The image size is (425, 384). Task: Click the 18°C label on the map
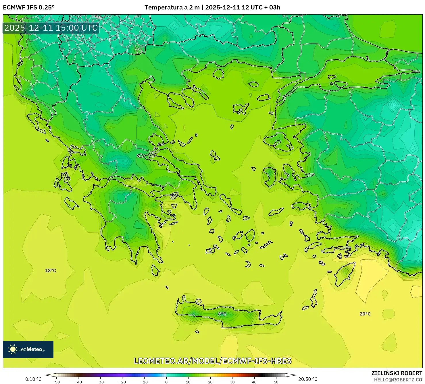(51, 271)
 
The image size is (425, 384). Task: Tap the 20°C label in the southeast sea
(365, 314)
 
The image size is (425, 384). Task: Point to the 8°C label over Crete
(222, 314)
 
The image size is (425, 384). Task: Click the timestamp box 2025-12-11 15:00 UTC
(51, 28)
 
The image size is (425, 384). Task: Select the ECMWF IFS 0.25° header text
(29, 7)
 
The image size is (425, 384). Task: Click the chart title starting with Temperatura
(212, 7)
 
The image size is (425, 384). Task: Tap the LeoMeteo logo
(28, 349)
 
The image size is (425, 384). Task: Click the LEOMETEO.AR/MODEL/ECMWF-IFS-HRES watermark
(213, 361)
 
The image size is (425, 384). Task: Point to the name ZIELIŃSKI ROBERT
(397, 373)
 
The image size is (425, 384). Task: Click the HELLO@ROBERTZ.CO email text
(398, 380)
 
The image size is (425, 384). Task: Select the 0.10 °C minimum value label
(33, 379)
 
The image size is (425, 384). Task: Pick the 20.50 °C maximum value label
(308, 379)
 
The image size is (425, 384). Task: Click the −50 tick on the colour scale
(56, 382)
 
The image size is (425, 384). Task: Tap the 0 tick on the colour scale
(166, 382)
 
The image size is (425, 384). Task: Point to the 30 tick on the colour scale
(232, 382)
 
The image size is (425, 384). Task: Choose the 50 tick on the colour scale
(276, 382)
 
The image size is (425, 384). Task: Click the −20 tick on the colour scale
(122, 382)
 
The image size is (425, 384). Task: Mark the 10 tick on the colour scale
(188, 382)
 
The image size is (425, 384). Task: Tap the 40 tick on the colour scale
(254, 382)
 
